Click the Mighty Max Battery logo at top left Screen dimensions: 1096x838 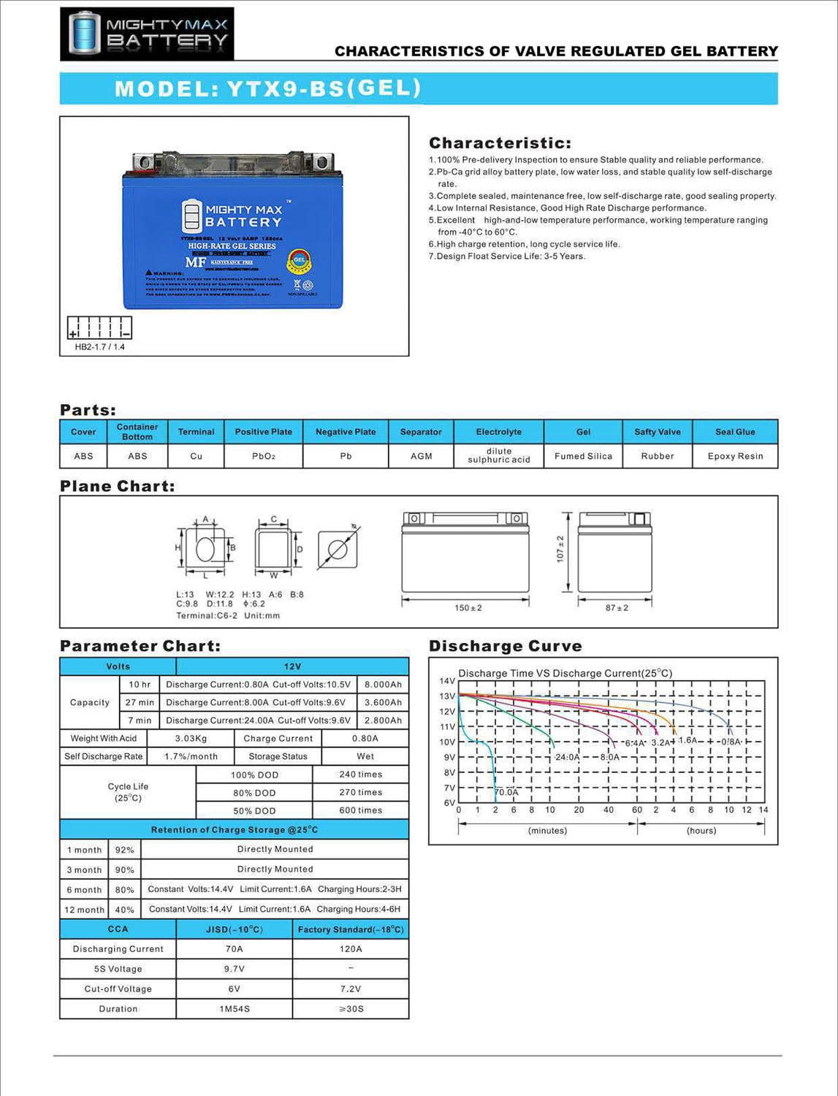pos(147,34)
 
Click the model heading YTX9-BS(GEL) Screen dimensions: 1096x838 pos(268,88)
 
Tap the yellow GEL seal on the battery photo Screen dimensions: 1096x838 pos(299,259)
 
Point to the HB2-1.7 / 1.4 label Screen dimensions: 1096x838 pos(99,347)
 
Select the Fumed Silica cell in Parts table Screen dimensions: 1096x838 pos(583,456)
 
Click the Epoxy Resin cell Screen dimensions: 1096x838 pos(735,456)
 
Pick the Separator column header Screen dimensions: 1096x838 pos(421,432)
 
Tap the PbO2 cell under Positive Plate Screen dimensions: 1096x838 pos(264,456)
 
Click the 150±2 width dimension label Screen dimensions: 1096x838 pos(468,608)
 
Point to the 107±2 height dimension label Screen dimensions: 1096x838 pos(560,549)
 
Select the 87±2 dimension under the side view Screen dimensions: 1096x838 pos(617,608)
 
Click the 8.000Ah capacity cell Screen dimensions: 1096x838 pos(383,685)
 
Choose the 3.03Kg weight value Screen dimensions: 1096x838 pos(191,739)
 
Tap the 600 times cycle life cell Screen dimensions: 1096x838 pos(360,810)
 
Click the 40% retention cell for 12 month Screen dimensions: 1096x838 pos(124,910)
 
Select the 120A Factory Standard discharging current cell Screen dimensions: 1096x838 pos(351,949)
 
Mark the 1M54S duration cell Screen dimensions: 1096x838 pos(235,1009)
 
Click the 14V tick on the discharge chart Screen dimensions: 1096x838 pos(446,681)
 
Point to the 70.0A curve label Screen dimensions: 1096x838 pos(506,792)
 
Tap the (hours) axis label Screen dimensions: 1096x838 pos(701,831)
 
